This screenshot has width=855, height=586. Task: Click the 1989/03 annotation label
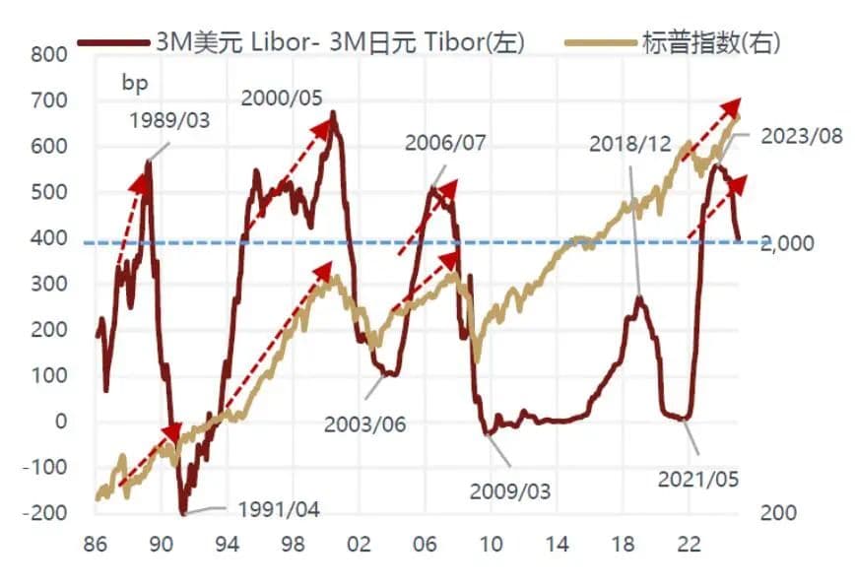click(x=169, y=121)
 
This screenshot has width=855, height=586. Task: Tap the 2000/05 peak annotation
click(x=282, y=98)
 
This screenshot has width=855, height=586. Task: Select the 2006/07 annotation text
click(x=445, y=142)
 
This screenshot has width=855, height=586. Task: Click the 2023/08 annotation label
click(x=802, y=135)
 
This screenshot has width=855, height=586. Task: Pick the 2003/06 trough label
click(x=365, y=424)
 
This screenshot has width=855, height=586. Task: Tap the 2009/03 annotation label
click(x=510, y=489)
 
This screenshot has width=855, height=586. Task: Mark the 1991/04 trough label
click(x=279, y=510)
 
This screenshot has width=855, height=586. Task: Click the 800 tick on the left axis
click(x=46, y=54)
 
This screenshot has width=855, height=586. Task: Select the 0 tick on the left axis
click(x=58, y=422)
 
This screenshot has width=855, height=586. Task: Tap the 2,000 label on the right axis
click(x=787, y=243)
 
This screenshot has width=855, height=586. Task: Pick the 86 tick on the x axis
click(x=97, y=544)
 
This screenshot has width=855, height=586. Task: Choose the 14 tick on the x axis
click(x=558, y=544)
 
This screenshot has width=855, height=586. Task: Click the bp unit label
click(x=135, y=83)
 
